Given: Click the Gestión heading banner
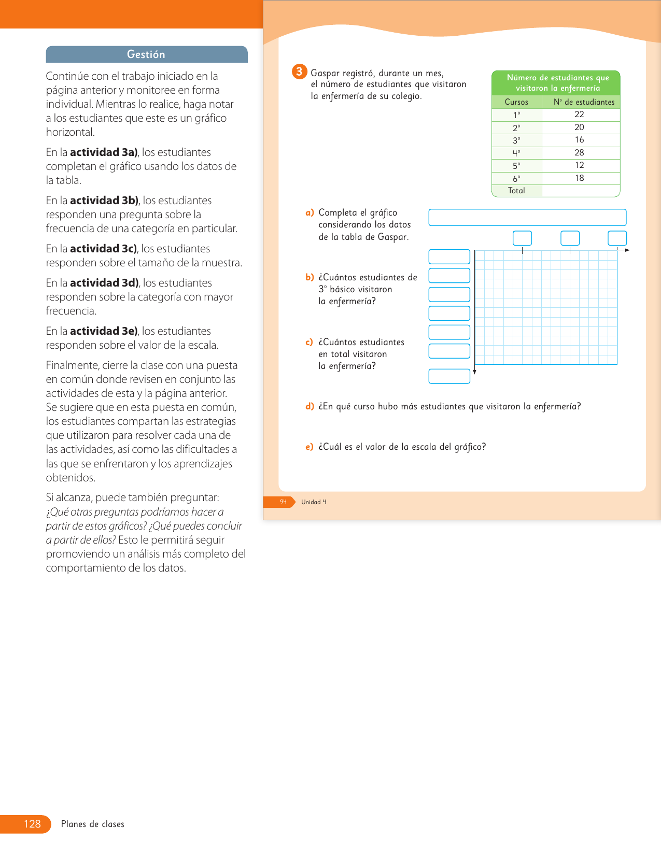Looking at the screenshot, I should point(146,54).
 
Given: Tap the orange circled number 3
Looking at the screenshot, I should point(299,72).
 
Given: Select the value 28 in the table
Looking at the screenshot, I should point(579,153).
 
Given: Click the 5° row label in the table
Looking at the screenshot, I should point(516,166).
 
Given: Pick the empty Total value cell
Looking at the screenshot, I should point(581,191).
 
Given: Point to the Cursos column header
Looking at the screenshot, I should point(516,102).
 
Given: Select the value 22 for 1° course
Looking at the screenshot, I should point(579,115).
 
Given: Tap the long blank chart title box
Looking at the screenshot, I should point(527,218).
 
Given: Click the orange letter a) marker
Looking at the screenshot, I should point(310,212).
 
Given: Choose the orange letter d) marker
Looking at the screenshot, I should point(310,406).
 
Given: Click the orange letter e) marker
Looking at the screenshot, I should point(310,447).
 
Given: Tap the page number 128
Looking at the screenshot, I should point(32,824).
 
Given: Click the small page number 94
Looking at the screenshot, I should point(283,502).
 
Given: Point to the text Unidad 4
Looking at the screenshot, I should point(314,502).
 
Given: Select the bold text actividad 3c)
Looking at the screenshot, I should point(103,249).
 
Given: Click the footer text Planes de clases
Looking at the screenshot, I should point(93,824).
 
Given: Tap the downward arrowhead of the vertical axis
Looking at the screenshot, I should point(474,372).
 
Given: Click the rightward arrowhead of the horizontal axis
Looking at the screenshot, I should point(627,250).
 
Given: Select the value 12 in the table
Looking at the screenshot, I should point(579,165).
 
